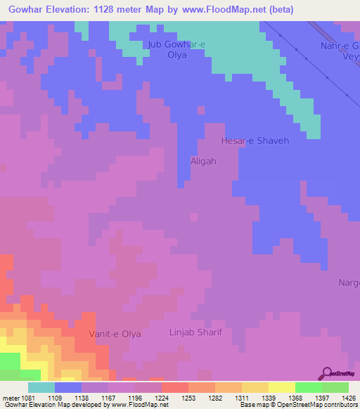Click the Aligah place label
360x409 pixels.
click(x=203, y=161)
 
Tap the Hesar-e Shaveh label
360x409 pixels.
click(x=255, y=141)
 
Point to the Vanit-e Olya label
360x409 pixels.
click(x=115, y=334)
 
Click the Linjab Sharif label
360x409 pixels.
click(x=196, y=331)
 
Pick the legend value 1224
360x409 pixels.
click(x=162, y=396)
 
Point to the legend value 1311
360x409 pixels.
click(x=242, y=396)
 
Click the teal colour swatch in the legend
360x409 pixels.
click(x=41, y=387)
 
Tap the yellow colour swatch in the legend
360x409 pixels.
click(x=281, y=387)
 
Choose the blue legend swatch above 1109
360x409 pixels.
click(x=68, y=387)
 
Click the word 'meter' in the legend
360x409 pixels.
click(x=9, y=396)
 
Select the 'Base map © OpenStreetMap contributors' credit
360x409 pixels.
click(x=298, y=405)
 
